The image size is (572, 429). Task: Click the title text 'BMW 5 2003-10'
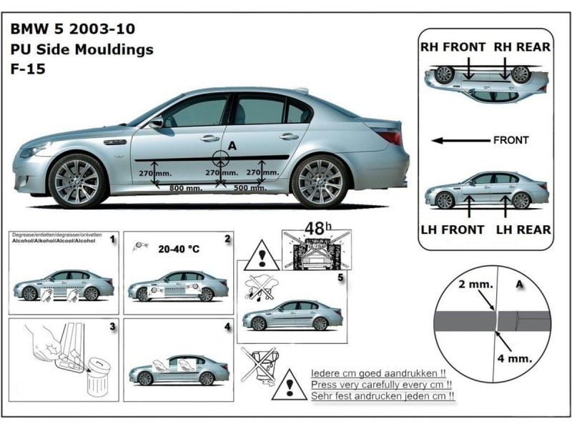pyautogui.click(x=72, y=30)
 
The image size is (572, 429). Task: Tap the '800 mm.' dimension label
pyautogui.click(x=185, y=189)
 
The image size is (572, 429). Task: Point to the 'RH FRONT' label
pyautogui.click(x=452, y=47)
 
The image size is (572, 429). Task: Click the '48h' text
pyautogui.click(x=315, y=229)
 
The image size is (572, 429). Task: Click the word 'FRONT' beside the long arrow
pyautogui.click(x=511, y=140)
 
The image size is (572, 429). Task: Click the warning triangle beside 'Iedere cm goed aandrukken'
pyautogui.click(x=290, y=385)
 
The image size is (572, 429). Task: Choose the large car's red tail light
pyautogui.click(x=390, y=137)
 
